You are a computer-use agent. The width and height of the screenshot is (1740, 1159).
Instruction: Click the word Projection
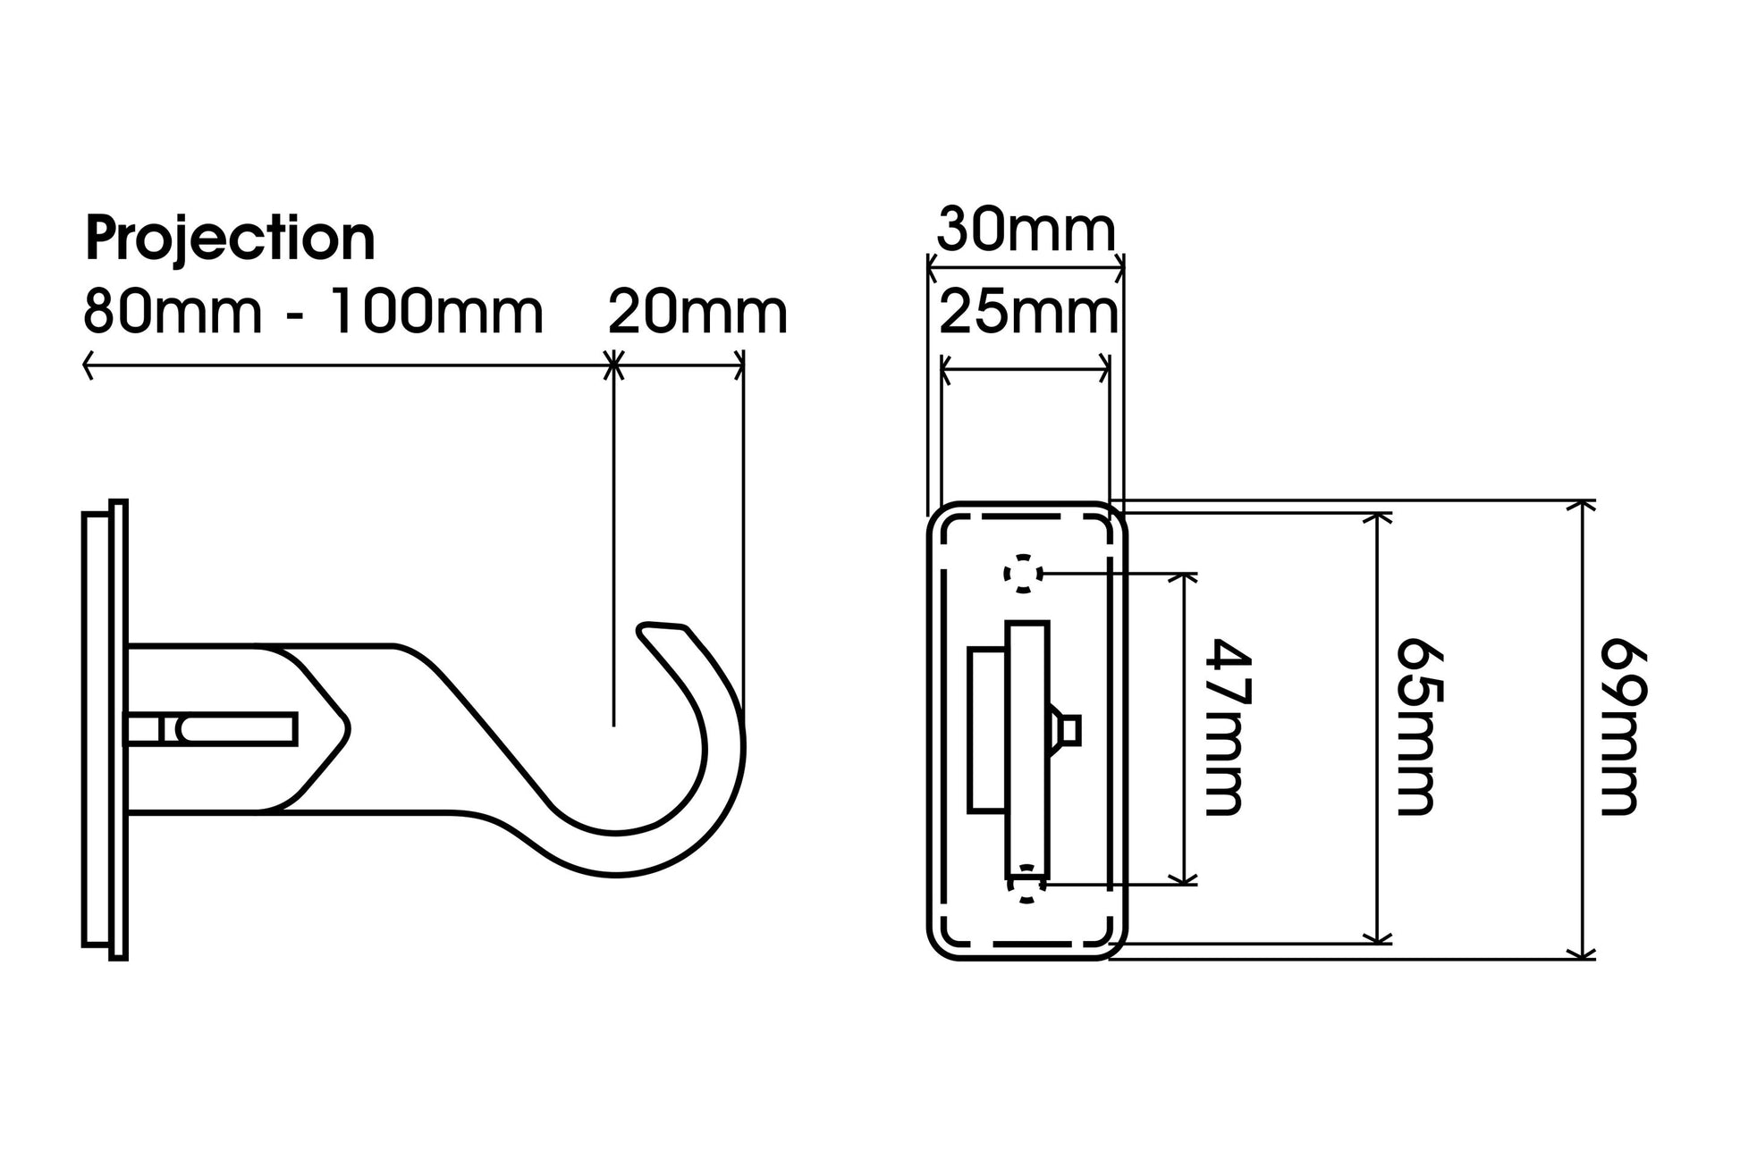click(x=230, y=239)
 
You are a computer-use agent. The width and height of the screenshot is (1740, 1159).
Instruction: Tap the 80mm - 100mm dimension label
click(x=313, y=313)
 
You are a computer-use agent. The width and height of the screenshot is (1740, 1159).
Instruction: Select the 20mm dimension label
click(x=697, y=313)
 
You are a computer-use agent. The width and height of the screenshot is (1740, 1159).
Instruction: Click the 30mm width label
click(x=1026, y=231)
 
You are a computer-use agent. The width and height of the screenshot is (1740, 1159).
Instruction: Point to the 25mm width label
click(x=1028, y=314)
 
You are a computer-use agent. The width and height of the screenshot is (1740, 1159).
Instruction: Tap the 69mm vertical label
click(x=1620, y=726)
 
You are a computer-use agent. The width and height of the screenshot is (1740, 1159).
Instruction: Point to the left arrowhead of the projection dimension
click(x=88, y=365)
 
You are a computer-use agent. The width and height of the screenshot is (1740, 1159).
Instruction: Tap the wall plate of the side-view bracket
click(x=106, y=729)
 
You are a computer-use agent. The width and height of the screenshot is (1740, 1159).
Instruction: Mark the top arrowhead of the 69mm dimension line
click(x=1583, y=505)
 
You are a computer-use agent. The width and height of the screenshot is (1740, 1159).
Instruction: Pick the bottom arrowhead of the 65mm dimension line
click(x=1378, y=937)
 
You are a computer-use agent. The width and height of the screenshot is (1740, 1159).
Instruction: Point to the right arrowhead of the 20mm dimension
click(x=739, y=365)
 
